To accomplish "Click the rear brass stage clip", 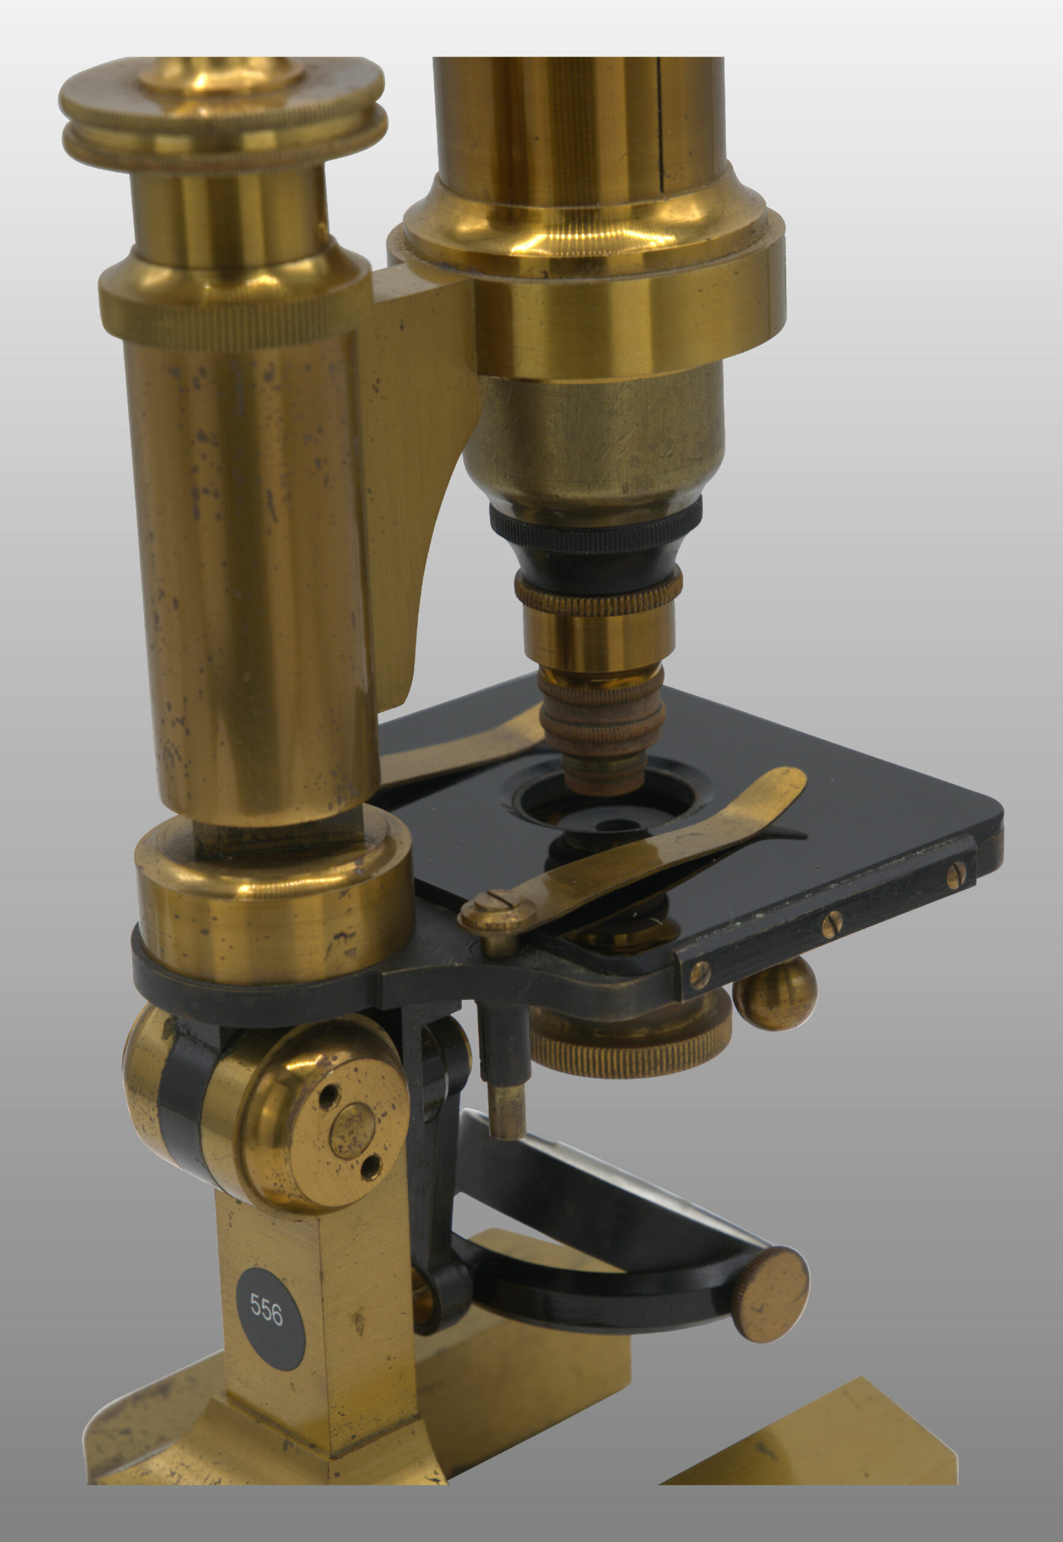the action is tap(459, 746).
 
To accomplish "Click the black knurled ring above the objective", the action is tap(595, 526).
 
